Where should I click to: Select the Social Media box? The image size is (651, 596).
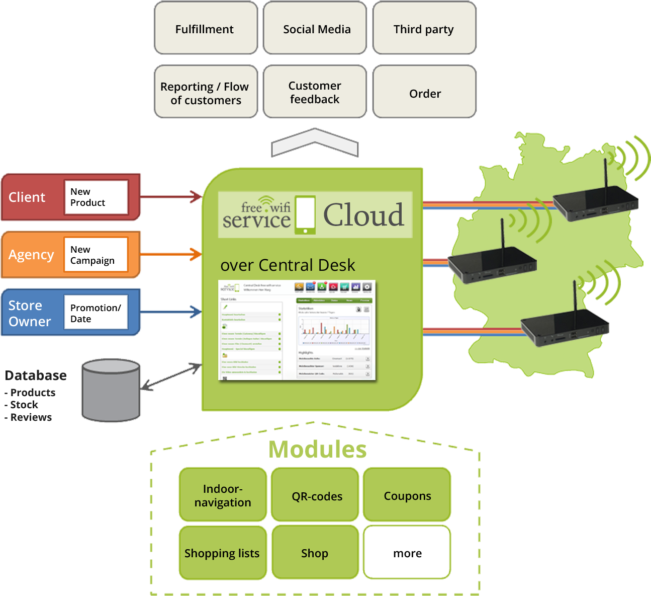click(x=315, y=28)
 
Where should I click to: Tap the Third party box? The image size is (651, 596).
click(x=424, y=28)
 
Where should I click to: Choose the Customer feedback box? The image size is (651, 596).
click(x=315, y=92)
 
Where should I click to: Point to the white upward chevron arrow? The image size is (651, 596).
click(x=315, y=142)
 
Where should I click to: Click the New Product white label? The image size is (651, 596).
click(x=96, y=197)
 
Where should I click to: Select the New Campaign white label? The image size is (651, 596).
click(x=96, y=255)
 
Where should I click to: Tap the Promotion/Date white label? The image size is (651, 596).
click(x=96, y=313)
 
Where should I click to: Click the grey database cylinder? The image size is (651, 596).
click(x=111, y=390)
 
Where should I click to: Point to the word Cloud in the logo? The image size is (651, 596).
click(x=363, y=215)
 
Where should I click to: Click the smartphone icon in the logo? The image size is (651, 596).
click(x=305, y=215)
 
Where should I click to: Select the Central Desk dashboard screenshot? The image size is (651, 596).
click(x=297, y=330)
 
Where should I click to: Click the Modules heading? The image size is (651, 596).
click(x=317, y=450)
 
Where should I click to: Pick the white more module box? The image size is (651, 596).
click(x=407, y=553)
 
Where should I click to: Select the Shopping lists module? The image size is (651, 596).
click(x=223, y=553)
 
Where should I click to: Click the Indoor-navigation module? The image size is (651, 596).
click(x=223, y=495)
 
